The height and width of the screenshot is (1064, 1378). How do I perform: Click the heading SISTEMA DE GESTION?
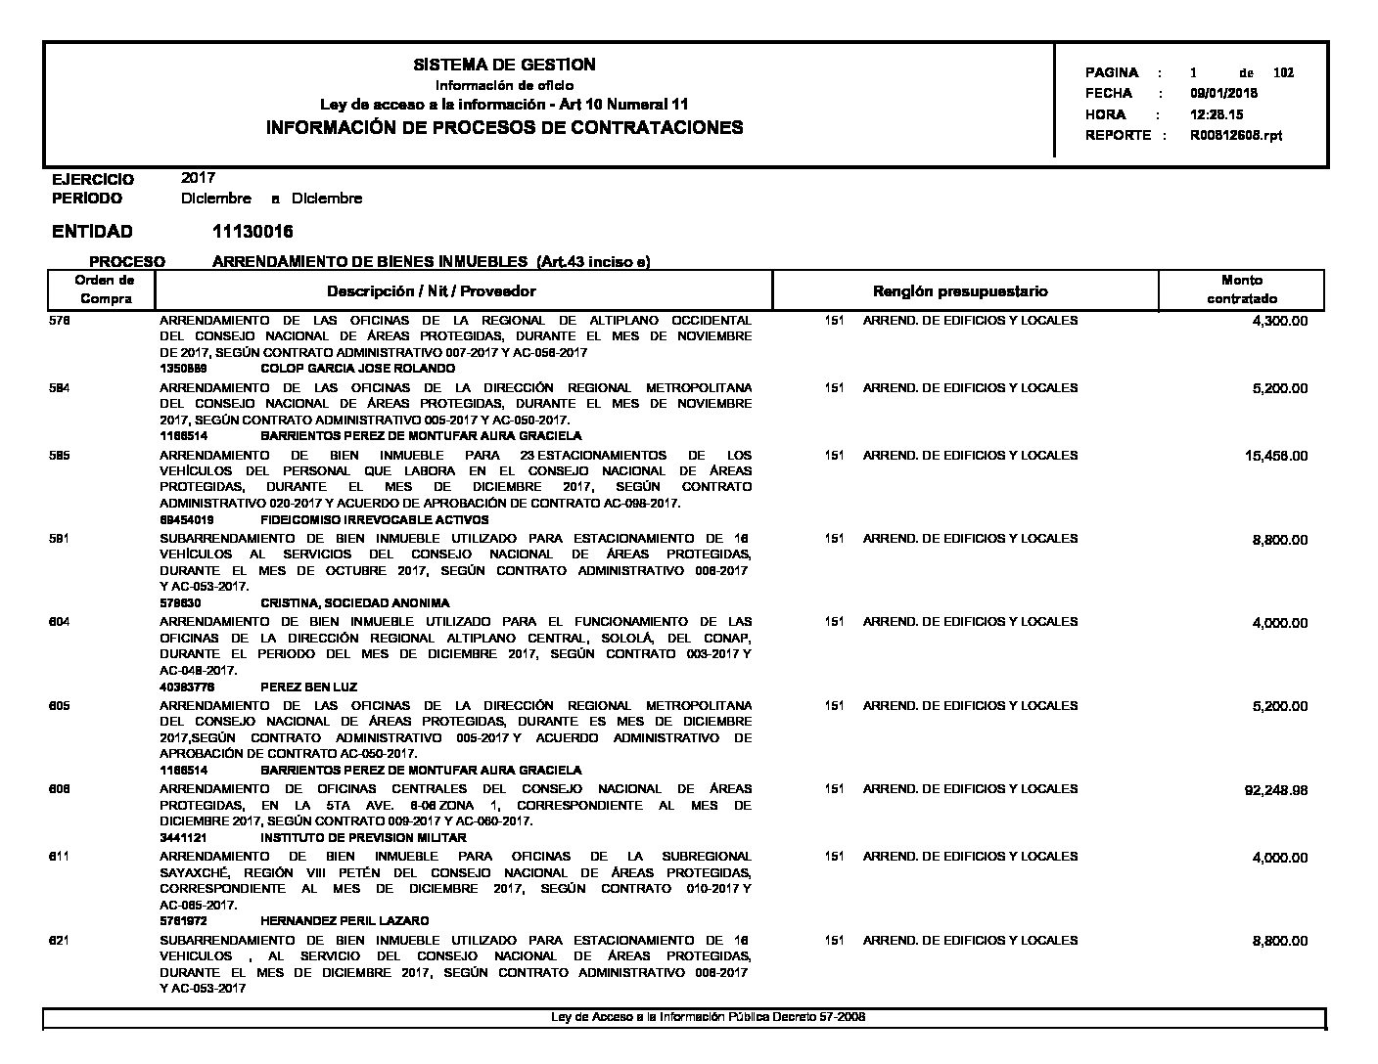coord(504,65)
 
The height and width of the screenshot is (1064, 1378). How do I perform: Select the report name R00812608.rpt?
coord(1235,136)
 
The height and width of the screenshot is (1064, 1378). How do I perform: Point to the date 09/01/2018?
coord(1223,94)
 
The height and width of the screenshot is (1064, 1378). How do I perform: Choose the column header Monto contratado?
coord(1241,289)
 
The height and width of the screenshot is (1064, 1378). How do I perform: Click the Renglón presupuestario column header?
coord(959,291)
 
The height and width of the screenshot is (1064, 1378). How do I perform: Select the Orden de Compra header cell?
coord(105,289)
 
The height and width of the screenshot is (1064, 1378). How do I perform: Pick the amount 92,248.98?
coord(1275,790)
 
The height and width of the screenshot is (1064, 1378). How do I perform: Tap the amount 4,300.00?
coord(1279,322)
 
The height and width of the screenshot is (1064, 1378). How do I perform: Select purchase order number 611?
coord(59,857)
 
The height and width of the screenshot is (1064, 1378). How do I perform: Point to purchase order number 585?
coord(59,456)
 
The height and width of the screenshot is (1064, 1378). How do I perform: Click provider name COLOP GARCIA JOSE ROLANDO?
coord(357,369)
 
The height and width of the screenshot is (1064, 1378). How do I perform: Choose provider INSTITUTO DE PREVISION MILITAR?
coord(363,838)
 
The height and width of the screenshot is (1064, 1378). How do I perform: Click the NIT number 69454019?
coord(187,520)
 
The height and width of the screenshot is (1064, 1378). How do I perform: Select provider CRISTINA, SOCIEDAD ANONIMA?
coord(354,603)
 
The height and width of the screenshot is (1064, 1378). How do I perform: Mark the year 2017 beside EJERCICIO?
coord(198,178)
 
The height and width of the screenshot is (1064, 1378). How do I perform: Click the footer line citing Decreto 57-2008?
coord(708,1017)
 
